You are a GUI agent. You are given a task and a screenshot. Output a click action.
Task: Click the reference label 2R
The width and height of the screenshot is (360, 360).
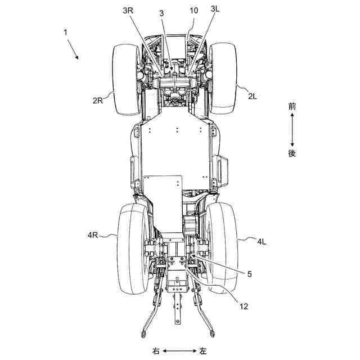(97, 101)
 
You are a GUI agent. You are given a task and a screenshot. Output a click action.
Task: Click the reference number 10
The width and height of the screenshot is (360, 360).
(193, 10)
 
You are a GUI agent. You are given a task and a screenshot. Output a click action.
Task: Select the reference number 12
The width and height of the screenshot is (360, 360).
(244, 306)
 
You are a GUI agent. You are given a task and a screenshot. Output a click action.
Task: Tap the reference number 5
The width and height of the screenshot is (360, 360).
(248, 274)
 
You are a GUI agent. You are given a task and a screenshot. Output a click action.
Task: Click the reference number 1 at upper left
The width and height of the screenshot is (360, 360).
(66, 33)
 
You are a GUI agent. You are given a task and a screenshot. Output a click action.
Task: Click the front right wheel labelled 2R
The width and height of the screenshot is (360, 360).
(127, 78)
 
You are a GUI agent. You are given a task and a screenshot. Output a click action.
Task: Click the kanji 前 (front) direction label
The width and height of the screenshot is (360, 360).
(292, 106)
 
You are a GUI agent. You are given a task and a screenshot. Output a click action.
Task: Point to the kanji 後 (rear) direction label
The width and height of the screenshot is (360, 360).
(292, 152)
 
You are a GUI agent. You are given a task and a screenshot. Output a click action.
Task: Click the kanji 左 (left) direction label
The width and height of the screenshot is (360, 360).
(202, 350)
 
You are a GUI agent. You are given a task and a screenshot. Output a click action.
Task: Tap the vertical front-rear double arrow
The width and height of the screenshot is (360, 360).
(292, 129)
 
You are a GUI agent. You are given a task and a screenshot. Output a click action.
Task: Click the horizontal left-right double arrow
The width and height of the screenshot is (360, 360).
(179, 350)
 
